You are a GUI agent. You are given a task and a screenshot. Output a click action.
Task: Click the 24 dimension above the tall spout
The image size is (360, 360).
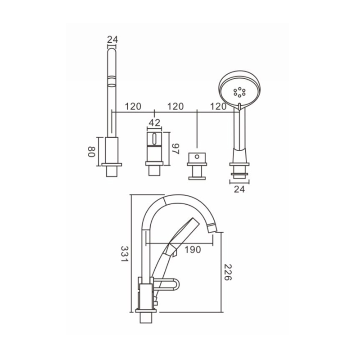112,40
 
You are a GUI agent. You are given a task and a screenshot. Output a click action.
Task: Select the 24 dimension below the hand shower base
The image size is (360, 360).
239,189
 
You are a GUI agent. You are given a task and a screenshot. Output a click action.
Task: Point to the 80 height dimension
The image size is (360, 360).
91,152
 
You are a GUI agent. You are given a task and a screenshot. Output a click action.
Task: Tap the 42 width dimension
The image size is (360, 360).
154,123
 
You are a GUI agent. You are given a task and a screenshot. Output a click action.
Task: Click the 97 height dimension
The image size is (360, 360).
175,149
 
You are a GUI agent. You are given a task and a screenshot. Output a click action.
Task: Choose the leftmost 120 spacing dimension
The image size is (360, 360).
133,107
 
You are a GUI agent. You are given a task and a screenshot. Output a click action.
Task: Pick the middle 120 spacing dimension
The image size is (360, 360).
175,107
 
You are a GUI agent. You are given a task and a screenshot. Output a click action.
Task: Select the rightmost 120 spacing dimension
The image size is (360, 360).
218,107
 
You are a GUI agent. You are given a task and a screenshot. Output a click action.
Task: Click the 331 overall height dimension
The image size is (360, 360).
125,254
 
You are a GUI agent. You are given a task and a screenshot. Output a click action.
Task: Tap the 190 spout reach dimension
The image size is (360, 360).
193,250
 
